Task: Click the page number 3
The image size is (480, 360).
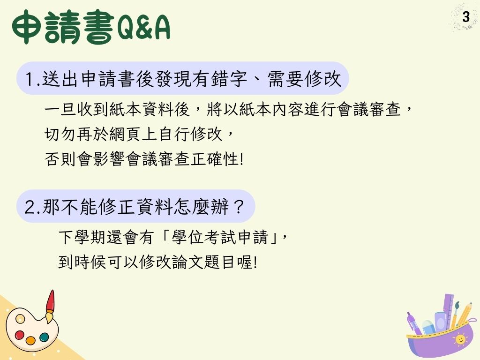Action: click(466, 18)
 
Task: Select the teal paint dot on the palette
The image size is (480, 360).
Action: click(44, 337)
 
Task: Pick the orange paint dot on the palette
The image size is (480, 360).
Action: click(30, 340)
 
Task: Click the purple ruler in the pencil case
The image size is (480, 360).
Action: click(449, 309)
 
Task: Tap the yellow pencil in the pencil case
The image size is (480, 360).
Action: click(465, 314)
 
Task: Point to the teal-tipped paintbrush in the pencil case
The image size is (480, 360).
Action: click(456, 312)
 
